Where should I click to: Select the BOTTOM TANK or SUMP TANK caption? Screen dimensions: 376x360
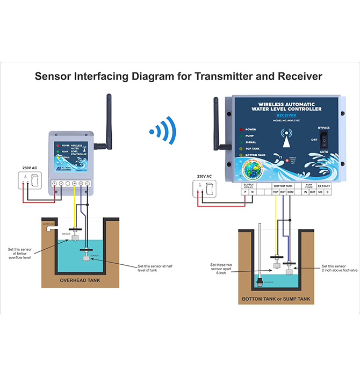(276, 299)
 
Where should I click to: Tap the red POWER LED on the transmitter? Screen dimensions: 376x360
(58, 146)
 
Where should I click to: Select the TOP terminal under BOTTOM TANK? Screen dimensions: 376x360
(276, 192)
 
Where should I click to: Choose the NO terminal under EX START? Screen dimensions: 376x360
(320, 192)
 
